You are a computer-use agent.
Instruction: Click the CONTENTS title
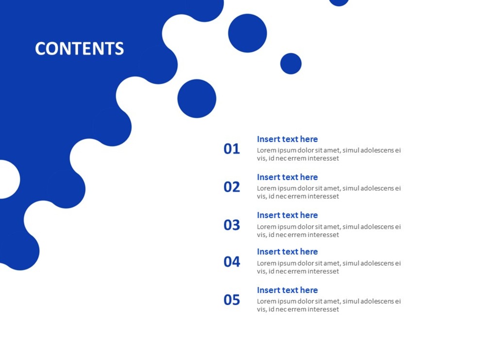click(79, 49)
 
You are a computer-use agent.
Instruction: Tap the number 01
click(232, 149)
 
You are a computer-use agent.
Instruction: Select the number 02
click(232, 187)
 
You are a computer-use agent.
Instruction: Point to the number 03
click(232, 225)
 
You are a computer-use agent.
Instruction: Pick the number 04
click(232, 262)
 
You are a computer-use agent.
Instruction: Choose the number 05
click(232, 300)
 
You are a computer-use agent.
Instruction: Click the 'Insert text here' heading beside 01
click(287, 139)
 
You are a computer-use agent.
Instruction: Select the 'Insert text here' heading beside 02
click(287, 177)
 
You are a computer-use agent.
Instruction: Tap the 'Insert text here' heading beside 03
click(287, 215)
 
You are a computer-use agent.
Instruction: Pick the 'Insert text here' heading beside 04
click(287, 252)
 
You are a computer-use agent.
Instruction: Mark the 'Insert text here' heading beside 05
click(287, 290)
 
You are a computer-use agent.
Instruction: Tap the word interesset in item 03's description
click(321, 235)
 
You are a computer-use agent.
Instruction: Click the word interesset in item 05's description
click(321, 309)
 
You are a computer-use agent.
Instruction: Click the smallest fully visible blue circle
click(291, 64)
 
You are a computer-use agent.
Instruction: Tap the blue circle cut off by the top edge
click(339, 2)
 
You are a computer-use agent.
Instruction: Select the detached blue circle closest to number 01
click(197, 99)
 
